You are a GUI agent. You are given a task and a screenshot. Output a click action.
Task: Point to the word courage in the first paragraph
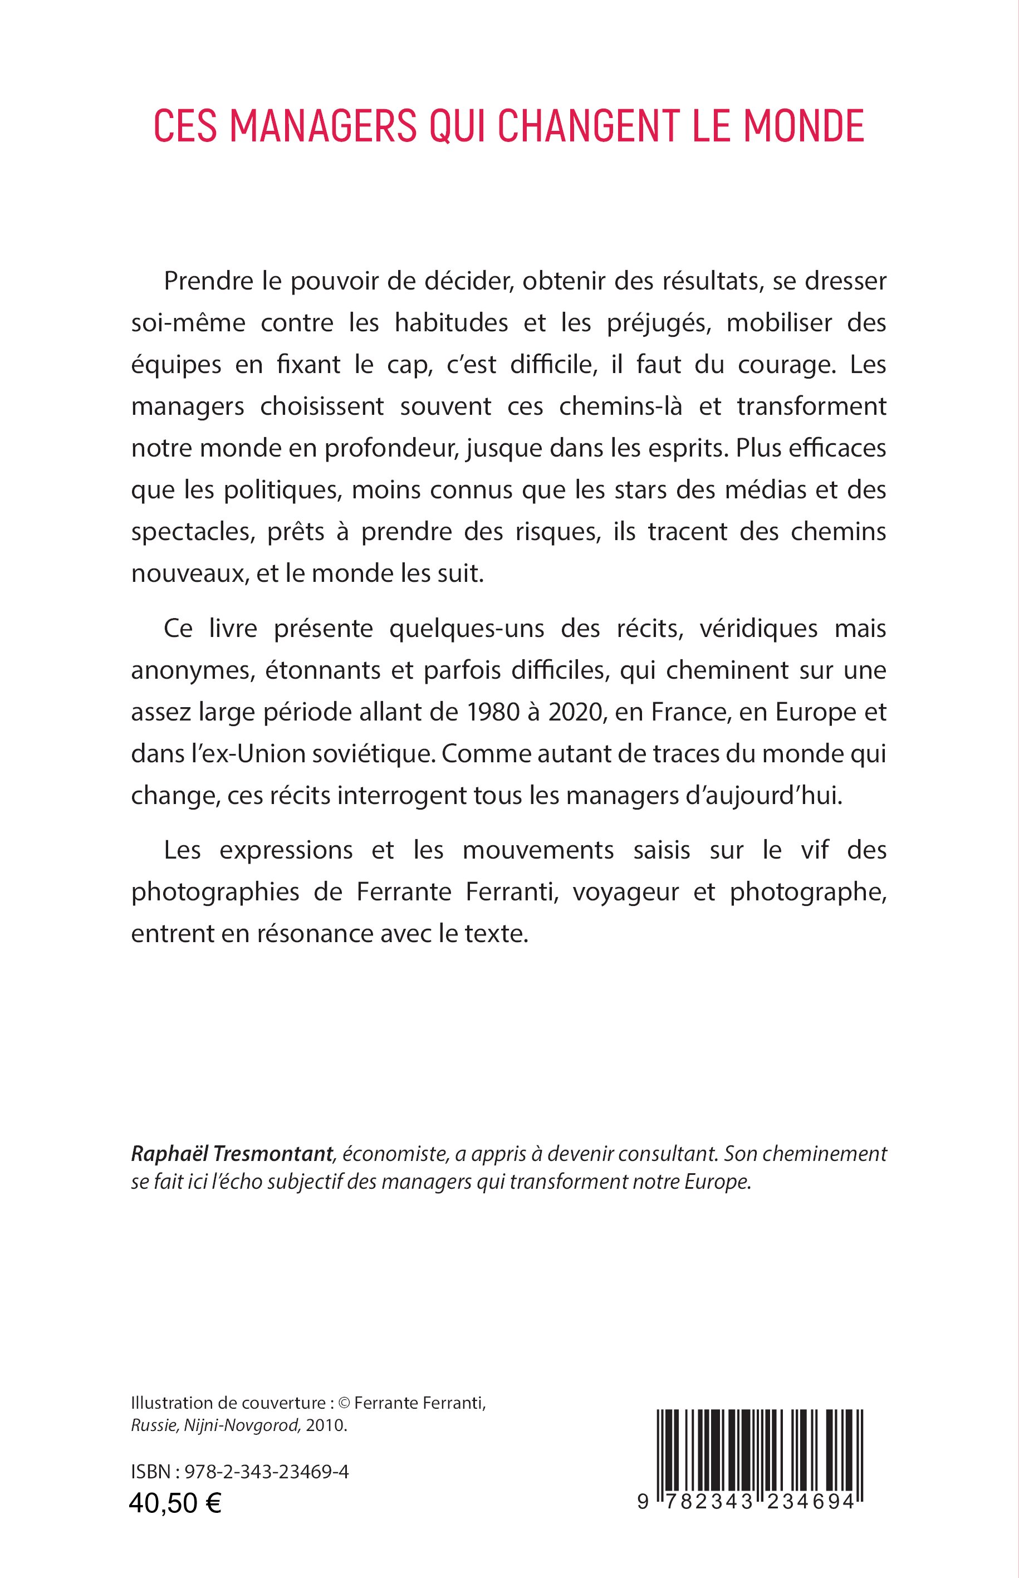[783, 365]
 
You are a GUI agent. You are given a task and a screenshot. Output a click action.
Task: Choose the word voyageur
[623, 892]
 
